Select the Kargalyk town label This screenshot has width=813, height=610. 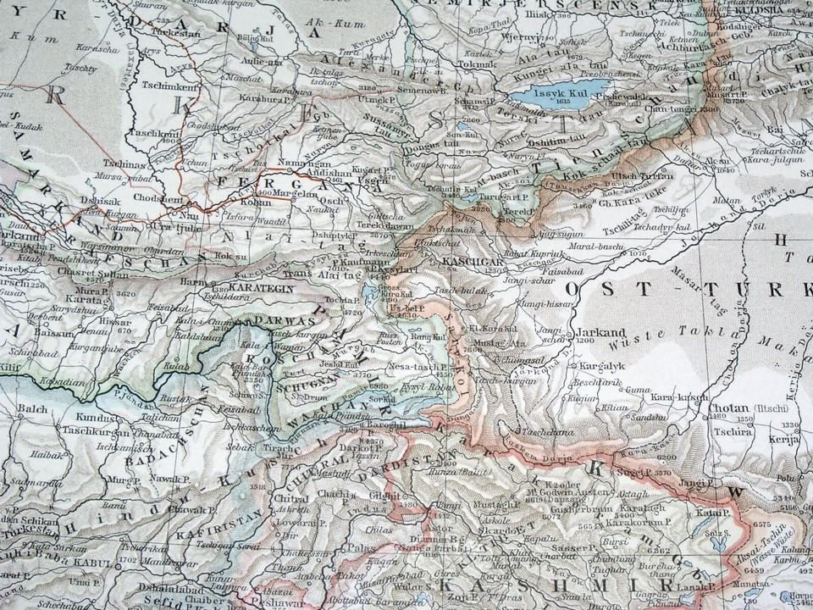[x=602, y=365]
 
